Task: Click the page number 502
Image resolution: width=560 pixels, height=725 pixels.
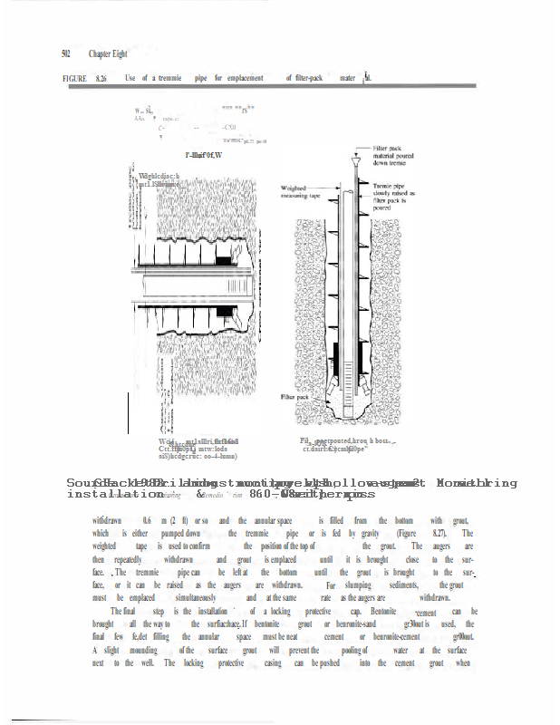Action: click(x=66, y=53)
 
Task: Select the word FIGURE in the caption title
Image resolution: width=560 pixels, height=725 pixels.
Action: click(x=75, y=80)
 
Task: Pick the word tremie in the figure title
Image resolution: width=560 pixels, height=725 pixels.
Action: click(x=169, y=80)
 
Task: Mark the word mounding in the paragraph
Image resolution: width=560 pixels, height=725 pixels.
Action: click(x=134, y=651)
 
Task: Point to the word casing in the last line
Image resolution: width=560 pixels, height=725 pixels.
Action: click(x=273, y=663)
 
